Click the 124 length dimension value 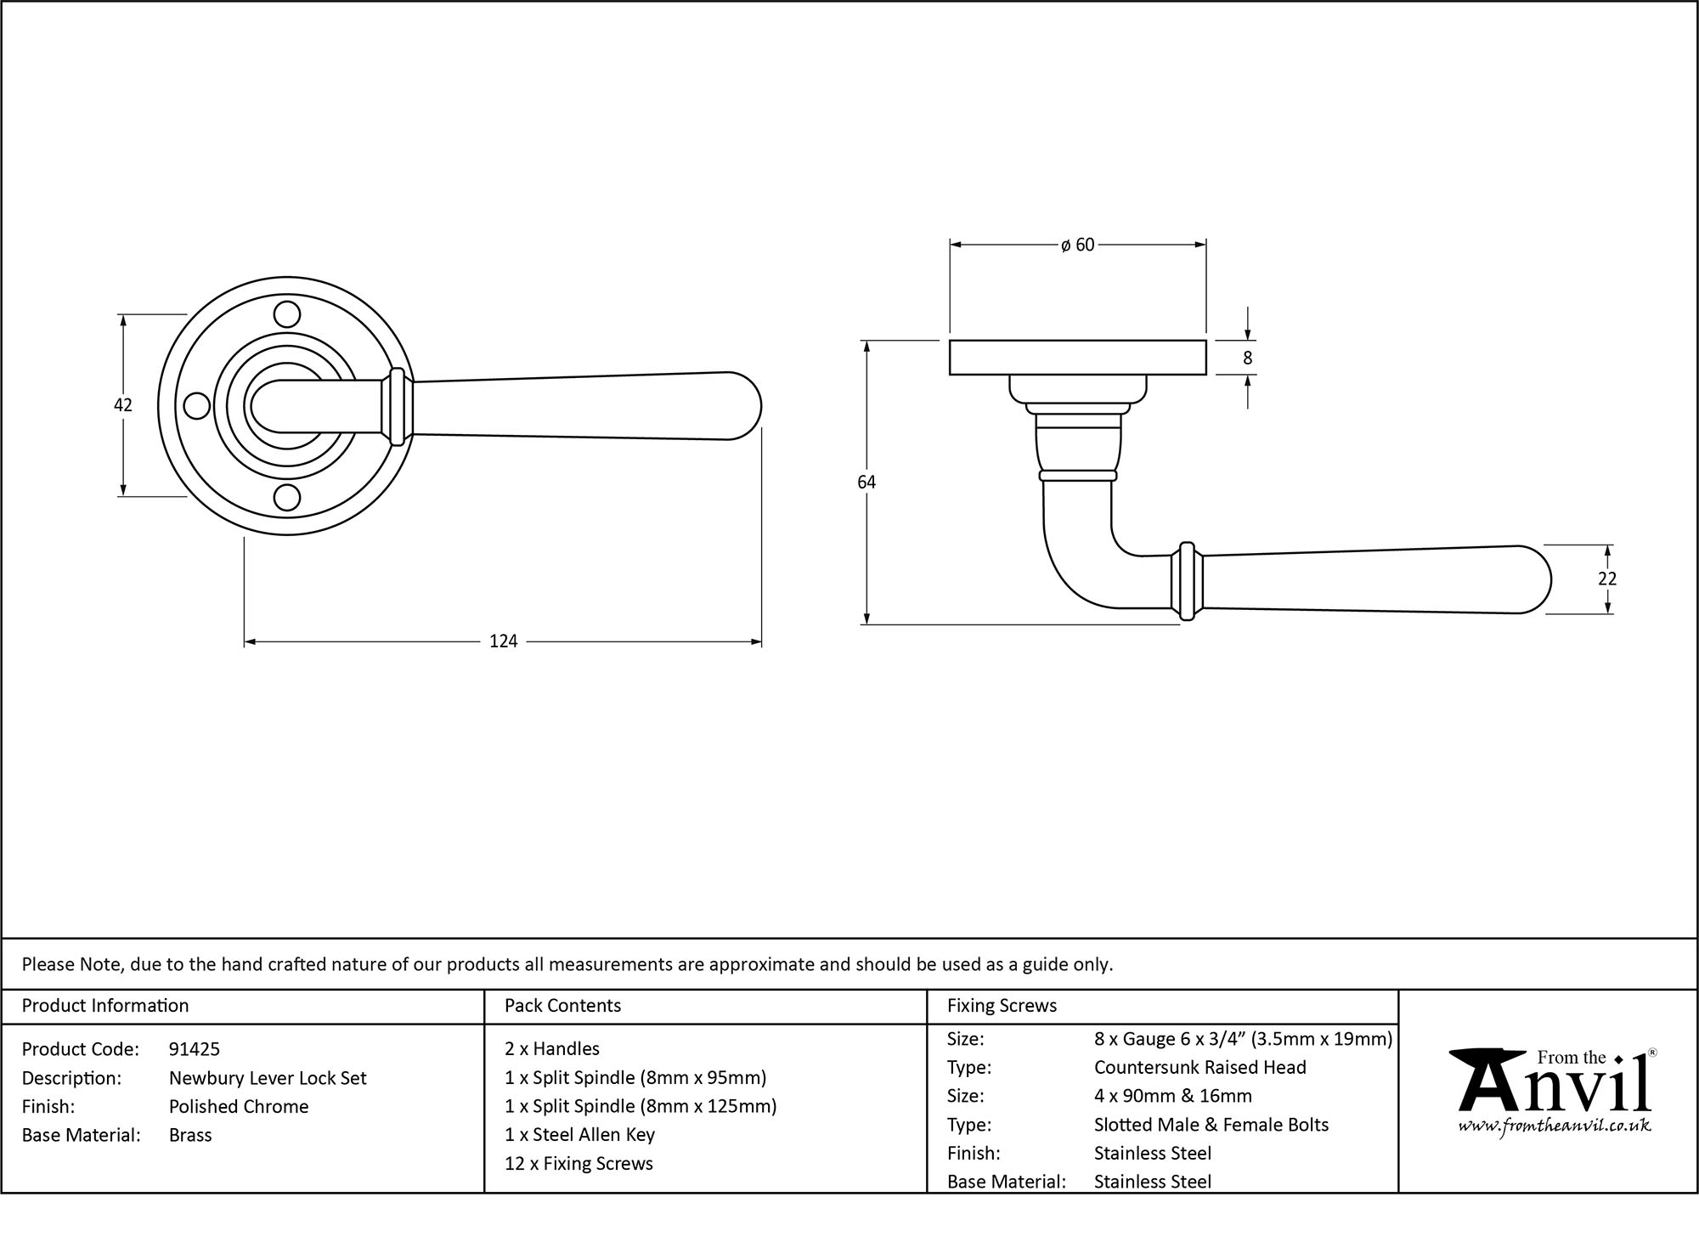pos(503,641)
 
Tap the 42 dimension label pos(123,405)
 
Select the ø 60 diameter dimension pos(1077,246)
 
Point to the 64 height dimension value pos(866,483)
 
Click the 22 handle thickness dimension pos(1606,579)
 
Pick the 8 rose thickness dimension pos(1247,358)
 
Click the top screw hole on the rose pos(288,315)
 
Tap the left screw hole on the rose pos(197,406)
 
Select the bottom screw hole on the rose pos(288,497)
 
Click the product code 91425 pos(195,1049)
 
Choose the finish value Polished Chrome pos(239,1106)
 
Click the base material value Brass pos(190,1135)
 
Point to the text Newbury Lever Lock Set pos(268,1078)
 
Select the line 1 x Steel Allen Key pos(579,1135)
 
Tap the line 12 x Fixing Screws pos(579,1164)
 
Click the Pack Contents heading pos(562,1006)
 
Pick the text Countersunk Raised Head pos(1199,1068)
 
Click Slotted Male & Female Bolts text pos(1211,1125)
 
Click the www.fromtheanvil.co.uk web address pos(1555,1126)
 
